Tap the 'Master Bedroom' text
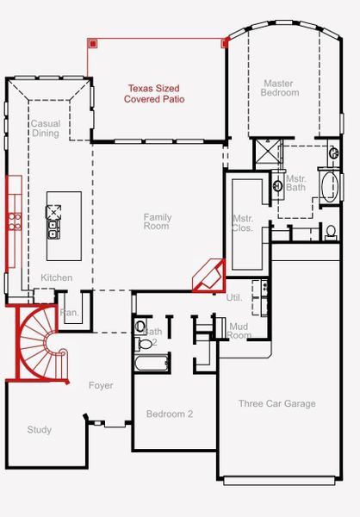tap(281, 88)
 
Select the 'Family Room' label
tap(157, 221)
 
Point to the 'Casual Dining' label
tap(46, 128)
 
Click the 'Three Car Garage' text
tap(276, 403)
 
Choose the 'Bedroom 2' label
tap(169, 414)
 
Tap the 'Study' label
tap(39, 429)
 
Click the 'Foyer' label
tap(101, 385)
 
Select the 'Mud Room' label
tap(239, 331)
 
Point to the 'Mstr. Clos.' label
tap(242, 224)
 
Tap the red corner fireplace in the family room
tap(208, 276)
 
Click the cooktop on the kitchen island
tap(53, 209)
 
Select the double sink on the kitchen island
tap(53, 228)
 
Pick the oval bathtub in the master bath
tap(329, 186)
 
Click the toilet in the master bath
tap(331, 230)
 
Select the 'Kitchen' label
tap(57, 277)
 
